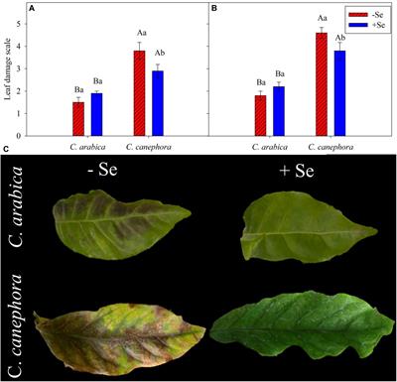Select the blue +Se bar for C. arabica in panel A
point(96,115)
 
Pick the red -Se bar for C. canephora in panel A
point(140,93)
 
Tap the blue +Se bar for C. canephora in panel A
point(158,103)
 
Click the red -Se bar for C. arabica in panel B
point(259,116)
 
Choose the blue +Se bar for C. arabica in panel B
point(278,112)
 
